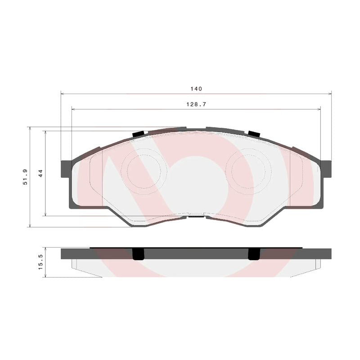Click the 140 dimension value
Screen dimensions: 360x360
[196, 89]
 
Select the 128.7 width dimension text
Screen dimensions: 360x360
[196, 103]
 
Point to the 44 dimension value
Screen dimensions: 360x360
[40, 173]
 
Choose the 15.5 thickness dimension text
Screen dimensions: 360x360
[40, 262]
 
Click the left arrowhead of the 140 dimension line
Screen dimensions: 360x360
[63, 94]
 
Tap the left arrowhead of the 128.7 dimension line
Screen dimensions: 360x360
[73, 108]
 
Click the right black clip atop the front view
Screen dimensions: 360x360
[254, 134]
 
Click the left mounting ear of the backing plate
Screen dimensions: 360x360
[66, 169]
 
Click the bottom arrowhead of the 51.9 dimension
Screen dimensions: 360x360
[30, 225]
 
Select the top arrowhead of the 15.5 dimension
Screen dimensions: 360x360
[45, 249]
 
